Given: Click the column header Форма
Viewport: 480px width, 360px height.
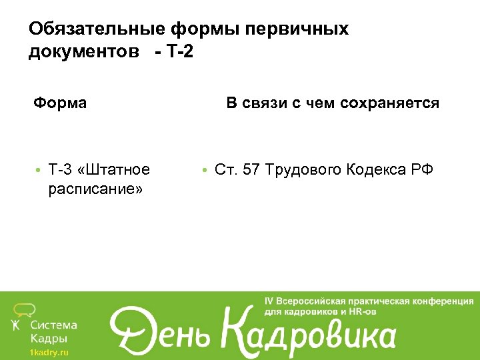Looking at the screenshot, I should pos(61,103).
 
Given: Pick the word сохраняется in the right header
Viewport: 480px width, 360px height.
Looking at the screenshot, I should pos(389,103).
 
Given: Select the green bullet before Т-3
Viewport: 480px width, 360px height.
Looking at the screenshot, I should pos(40,171).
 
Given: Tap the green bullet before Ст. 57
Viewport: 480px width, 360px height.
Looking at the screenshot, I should pos(207,171).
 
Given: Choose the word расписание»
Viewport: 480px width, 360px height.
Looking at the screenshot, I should pos(95,190).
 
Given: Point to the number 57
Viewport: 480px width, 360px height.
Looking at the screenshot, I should pos(251,170).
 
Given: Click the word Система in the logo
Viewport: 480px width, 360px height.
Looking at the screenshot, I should pos(54,325).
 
